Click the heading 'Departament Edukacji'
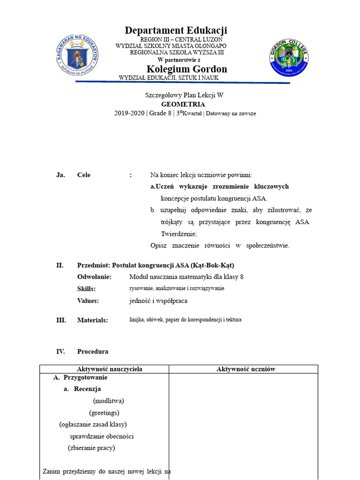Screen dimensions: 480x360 pos(176,30)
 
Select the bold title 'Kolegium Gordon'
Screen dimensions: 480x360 pos(187,69)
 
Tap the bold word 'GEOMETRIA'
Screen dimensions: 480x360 pos(183,104)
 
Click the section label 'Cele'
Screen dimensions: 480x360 pos(84,175)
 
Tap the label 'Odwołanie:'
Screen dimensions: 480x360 pos(94,277)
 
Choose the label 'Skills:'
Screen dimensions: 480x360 pos(86,289)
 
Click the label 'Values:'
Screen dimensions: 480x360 pos(88,301)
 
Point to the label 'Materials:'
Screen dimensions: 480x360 pos(92,320)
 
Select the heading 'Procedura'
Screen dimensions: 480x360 pos(93,352)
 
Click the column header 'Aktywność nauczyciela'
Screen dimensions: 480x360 pos(109,369)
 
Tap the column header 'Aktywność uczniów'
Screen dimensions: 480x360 pos(246,369)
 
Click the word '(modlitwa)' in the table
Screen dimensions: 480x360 pos(108,401)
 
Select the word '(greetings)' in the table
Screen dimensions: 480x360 pos(104,412)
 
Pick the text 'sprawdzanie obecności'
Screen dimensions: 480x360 pos(102,436)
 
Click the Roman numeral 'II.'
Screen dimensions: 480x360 pos(60,265)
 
